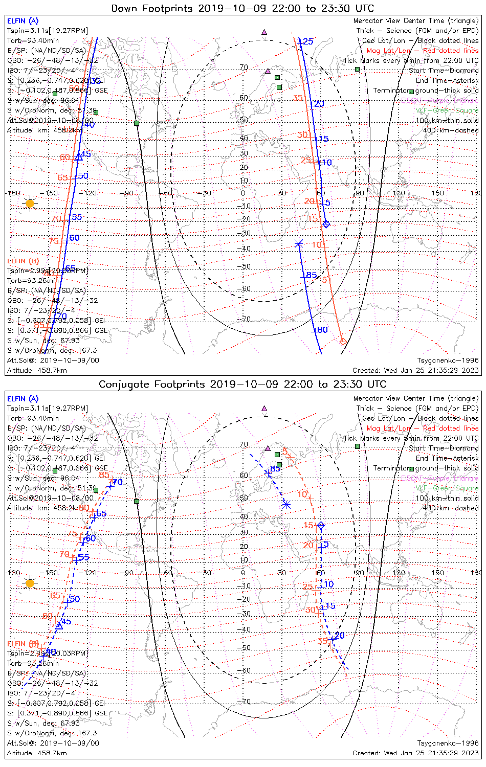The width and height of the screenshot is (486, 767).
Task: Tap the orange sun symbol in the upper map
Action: tap(30, 204)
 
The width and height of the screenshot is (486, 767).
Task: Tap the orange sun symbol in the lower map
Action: tap(30, 583)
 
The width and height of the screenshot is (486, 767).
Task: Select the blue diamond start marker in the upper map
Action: tap(326, 224)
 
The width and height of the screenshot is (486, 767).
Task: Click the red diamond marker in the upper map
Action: tap(343, 341)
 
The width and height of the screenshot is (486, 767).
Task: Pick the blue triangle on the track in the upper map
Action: tap(78, 157)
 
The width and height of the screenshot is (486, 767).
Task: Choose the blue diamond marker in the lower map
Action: tap(321, 525)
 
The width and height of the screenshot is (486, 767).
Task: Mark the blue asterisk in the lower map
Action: tap(286, 505)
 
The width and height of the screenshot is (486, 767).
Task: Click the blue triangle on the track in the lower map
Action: tap(59, 625)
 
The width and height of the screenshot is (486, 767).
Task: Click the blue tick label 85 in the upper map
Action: tap(312, 276)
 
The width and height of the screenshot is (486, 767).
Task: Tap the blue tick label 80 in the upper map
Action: tap(322, 330)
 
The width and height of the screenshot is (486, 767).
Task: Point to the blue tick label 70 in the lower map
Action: tap(118, 482)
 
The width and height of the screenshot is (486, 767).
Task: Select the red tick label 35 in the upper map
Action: tap(298, 98)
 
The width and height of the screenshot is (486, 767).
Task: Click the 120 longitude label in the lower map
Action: tap(399, 573)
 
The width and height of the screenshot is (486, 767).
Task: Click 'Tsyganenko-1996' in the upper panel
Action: tap(448, 360)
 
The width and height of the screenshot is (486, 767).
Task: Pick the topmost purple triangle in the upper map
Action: tap(264, 32)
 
